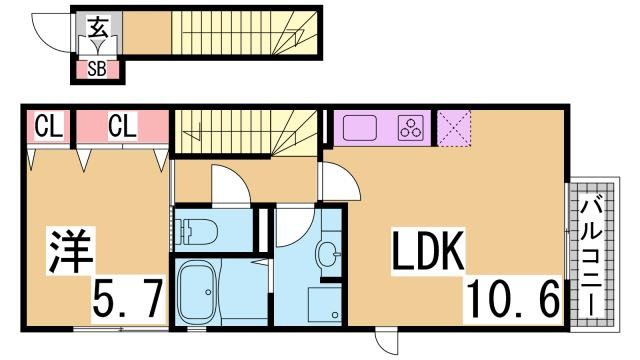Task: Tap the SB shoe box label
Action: coord(97,69)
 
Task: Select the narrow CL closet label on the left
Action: coord(49,126)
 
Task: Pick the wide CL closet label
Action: coord(122,126)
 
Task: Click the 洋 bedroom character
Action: coord(70,251)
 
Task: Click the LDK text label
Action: coord(428,251)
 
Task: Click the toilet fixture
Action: coord(196,231)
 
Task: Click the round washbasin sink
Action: coord(328,254)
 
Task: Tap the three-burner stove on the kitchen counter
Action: coord(411,127)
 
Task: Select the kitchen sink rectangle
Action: coord(360,127)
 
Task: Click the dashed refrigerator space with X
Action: coord(454,127)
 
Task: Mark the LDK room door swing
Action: coord(341,182)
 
